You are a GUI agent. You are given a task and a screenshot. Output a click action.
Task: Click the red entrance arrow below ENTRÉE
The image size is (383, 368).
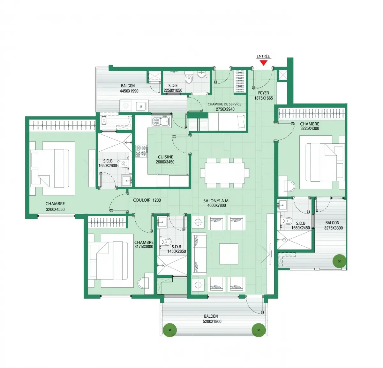point(263,63)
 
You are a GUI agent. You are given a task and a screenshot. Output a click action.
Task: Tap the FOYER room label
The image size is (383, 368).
point(263,93)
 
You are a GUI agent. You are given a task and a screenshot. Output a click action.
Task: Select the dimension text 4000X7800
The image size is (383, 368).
point(216,206)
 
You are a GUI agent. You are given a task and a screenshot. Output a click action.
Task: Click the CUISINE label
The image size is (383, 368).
point(166,157)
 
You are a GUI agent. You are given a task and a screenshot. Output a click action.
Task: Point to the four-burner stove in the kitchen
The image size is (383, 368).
point(141,151)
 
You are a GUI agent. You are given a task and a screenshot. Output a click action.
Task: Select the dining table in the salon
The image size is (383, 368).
point(225,173)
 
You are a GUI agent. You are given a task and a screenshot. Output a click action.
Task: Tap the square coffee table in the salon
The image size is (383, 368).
point(229,254)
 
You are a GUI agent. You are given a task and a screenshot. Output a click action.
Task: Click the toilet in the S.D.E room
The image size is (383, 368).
point(189,77)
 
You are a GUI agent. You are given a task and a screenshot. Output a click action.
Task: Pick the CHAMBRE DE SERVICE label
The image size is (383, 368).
point(224,104)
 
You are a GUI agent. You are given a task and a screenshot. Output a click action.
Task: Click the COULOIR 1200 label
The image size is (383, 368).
point(147,200)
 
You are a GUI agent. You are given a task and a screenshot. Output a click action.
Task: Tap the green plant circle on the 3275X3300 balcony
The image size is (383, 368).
point(339,261)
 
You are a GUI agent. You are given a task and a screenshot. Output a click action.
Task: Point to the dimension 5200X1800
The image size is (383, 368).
point(212,321)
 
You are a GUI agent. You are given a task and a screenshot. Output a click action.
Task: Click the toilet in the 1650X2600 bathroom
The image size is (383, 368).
point(123,163)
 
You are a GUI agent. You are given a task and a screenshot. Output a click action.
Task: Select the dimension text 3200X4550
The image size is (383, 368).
point(55,209)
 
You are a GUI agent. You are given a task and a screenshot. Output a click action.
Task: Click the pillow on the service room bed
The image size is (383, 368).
point(241,122)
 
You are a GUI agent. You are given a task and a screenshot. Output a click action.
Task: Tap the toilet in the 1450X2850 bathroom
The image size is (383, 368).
point(166,241)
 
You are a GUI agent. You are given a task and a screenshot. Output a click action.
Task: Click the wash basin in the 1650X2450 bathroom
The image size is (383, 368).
point(282,205)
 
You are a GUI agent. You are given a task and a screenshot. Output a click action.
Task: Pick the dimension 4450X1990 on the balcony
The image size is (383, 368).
point(129,91)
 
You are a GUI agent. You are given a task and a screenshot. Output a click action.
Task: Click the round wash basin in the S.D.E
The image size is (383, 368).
point(202,75)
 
